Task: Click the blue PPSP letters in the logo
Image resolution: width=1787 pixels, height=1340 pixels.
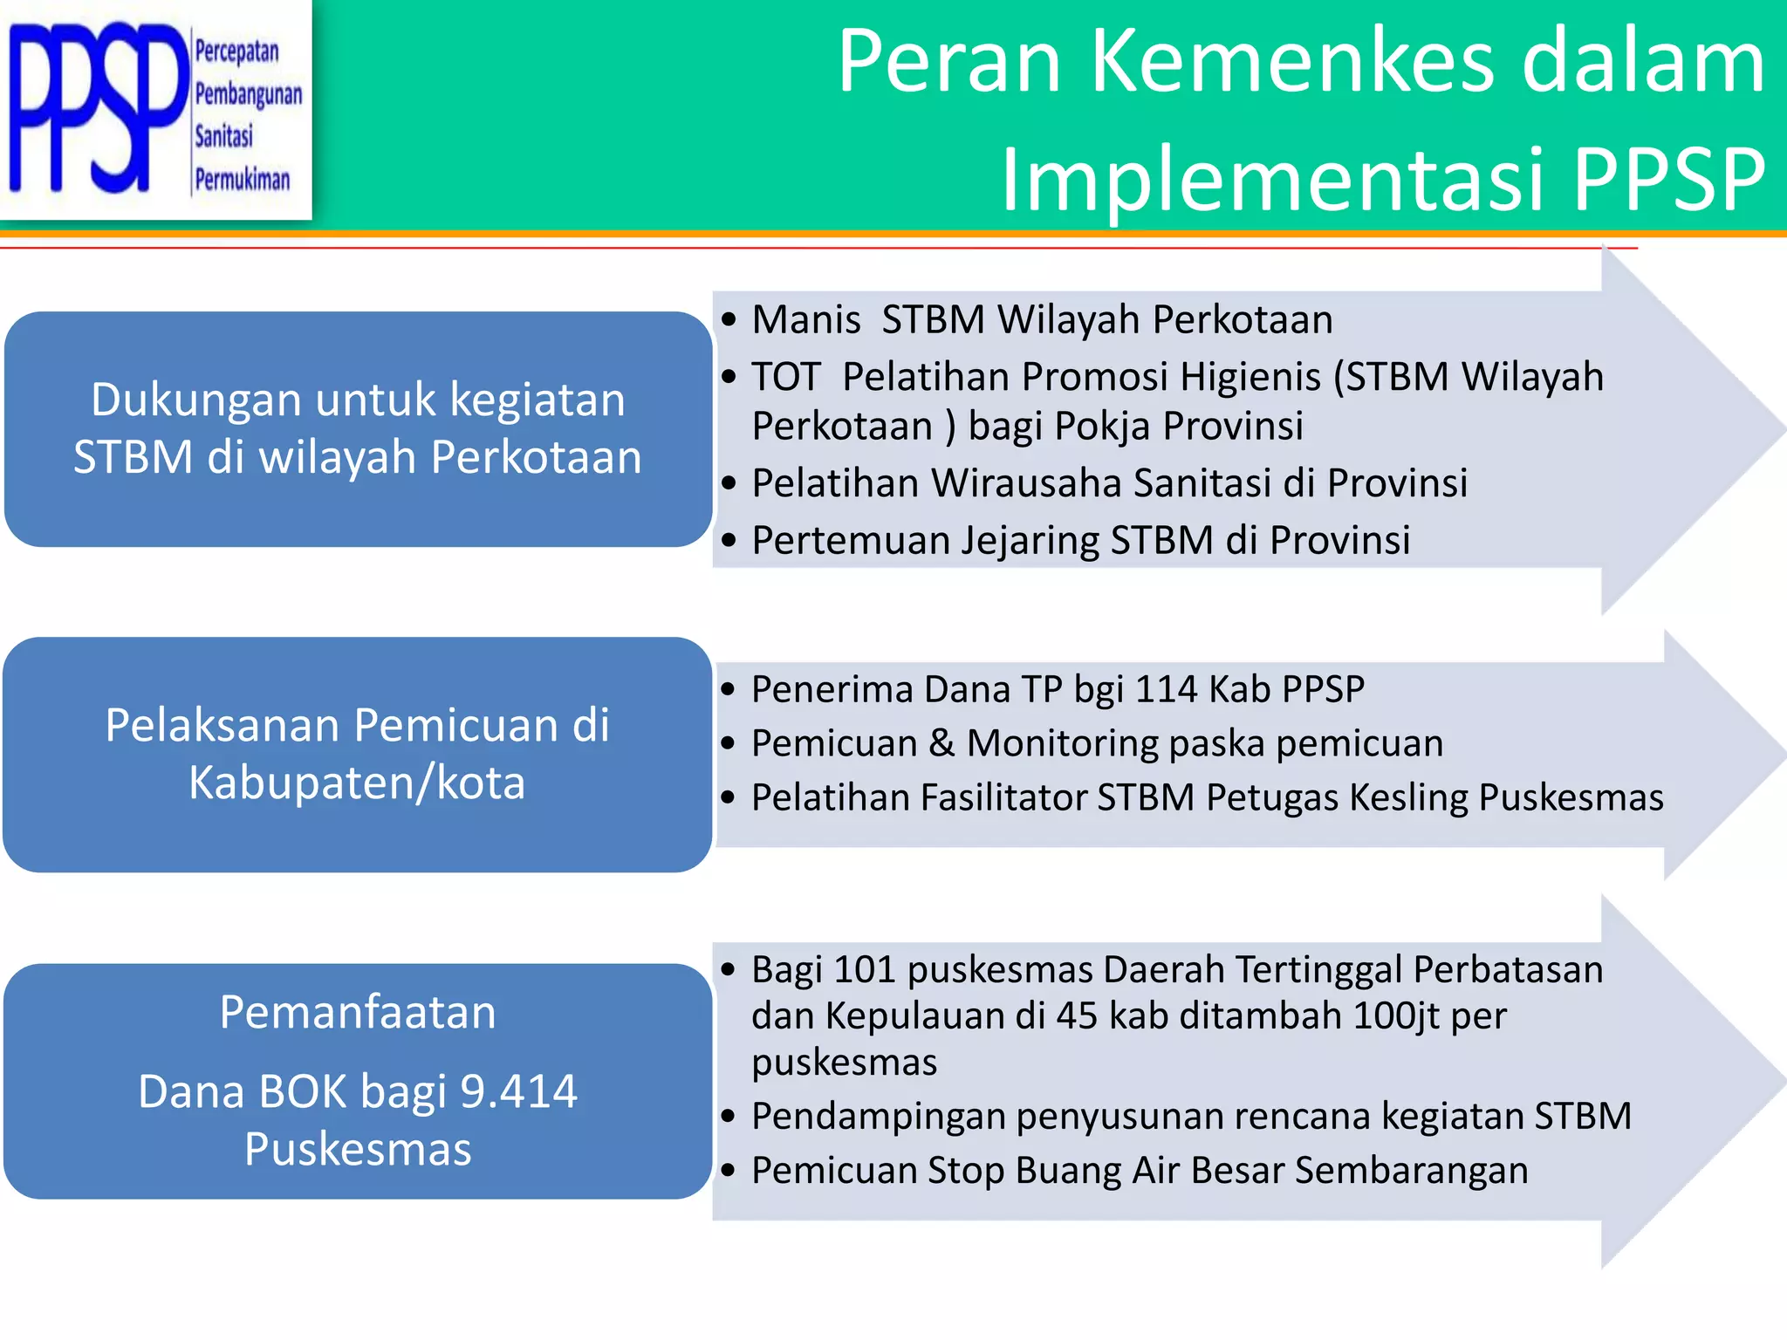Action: coord(96,109)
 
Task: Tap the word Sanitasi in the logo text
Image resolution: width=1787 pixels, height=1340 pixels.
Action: coord(223,136)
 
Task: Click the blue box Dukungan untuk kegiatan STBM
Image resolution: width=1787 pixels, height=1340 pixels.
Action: coord(358,428)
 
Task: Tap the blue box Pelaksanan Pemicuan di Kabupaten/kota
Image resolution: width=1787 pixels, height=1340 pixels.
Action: coord(358,754)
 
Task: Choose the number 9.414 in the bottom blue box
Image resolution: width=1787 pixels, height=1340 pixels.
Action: coord(518,1091)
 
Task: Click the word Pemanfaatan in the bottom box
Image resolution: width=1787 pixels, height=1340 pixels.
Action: coord(358,1012)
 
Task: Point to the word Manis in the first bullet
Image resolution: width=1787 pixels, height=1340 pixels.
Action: coord(806,319)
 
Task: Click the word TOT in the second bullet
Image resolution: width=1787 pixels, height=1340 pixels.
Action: coord(785,377)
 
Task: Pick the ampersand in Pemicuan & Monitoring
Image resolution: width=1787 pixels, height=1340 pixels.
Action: coord(941,743)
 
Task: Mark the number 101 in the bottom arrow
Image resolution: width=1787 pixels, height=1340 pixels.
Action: coord(865,970)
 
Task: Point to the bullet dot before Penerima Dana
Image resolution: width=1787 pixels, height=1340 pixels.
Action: coord(729,690)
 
